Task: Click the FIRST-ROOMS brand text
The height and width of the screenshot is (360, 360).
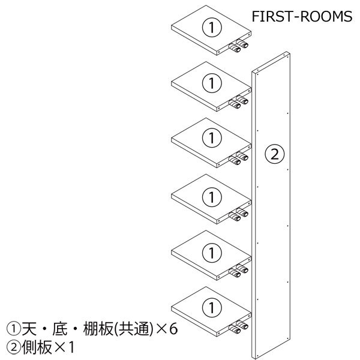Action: pos(302,17)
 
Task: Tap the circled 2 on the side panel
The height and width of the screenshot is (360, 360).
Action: pos(275,154)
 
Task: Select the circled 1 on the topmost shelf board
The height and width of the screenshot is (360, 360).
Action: pos(212,27)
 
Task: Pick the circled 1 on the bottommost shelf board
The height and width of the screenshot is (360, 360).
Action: pos(212,307)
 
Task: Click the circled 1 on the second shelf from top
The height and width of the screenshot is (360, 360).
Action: pos(212,83)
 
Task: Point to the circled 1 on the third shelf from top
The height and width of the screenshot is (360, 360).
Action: pos(212,138)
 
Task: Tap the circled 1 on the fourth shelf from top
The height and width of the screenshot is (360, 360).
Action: pos(212,197)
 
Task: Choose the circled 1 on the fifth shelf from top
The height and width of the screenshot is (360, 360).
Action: pos(212,253)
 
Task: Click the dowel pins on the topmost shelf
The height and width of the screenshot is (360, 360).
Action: pos(239,46)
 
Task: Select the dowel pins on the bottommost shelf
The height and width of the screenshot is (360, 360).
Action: pos(239,328)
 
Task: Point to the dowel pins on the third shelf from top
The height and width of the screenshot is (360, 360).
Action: pos(239,158)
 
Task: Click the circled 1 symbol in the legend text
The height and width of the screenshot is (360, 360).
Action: pos(14,329)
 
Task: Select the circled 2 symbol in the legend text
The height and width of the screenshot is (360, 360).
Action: pos(14,347)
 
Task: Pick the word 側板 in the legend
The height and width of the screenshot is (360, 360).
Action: pos(37,347)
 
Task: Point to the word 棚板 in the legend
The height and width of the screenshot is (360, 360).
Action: pos(98,329)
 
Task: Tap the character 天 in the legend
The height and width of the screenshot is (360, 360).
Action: pos(29,329)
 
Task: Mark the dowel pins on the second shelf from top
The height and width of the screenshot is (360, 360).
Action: pos(239,102)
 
